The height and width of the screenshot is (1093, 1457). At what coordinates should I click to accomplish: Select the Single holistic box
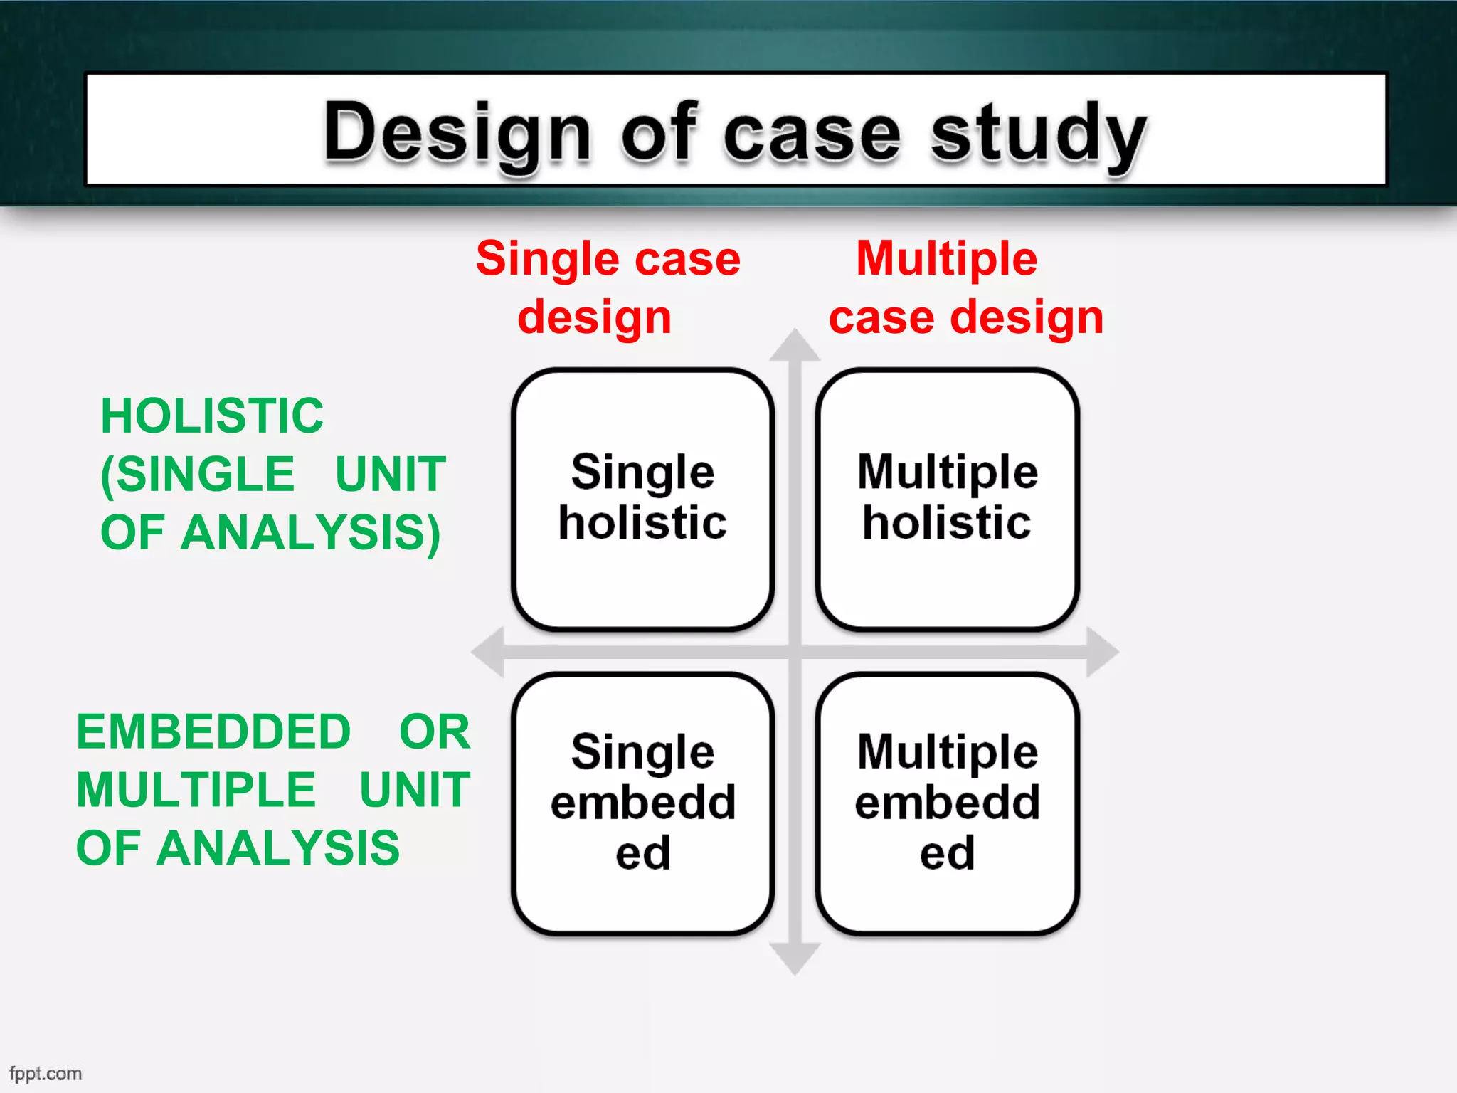(x=642, y=499)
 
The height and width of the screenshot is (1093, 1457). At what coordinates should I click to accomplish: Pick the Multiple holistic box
(x=947, y=499)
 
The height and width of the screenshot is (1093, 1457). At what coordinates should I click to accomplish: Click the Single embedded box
(x=642, y=803)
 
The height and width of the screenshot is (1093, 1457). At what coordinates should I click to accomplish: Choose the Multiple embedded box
(x=947, y=803)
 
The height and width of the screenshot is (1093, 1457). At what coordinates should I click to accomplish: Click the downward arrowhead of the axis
(x=795, y=959)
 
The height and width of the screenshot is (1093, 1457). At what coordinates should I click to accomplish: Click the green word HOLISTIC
(x=212, y=416)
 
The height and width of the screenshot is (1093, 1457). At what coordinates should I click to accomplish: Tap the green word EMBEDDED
(x=213, y=732)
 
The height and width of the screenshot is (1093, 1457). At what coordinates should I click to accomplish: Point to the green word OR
(x=435, y=732)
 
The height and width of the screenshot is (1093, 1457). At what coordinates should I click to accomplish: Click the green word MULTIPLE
(x=196, y=790)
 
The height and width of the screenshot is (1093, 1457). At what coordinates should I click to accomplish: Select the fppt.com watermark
(x=46, y=1073)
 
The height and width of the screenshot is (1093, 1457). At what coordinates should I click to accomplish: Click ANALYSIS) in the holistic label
(x=310, y=533)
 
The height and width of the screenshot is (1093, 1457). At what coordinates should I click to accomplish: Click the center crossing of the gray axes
(x=795, y=652)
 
